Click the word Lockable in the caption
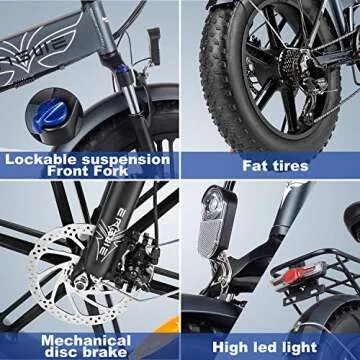(41, 158)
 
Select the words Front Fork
(89, 171)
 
